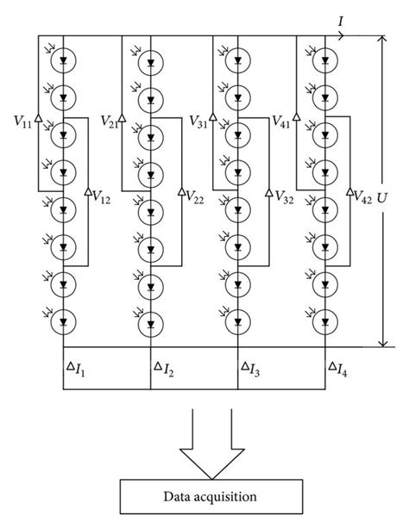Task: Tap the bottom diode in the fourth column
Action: click(325, 323)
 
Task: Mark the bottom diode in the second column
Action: click(151, 323)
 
